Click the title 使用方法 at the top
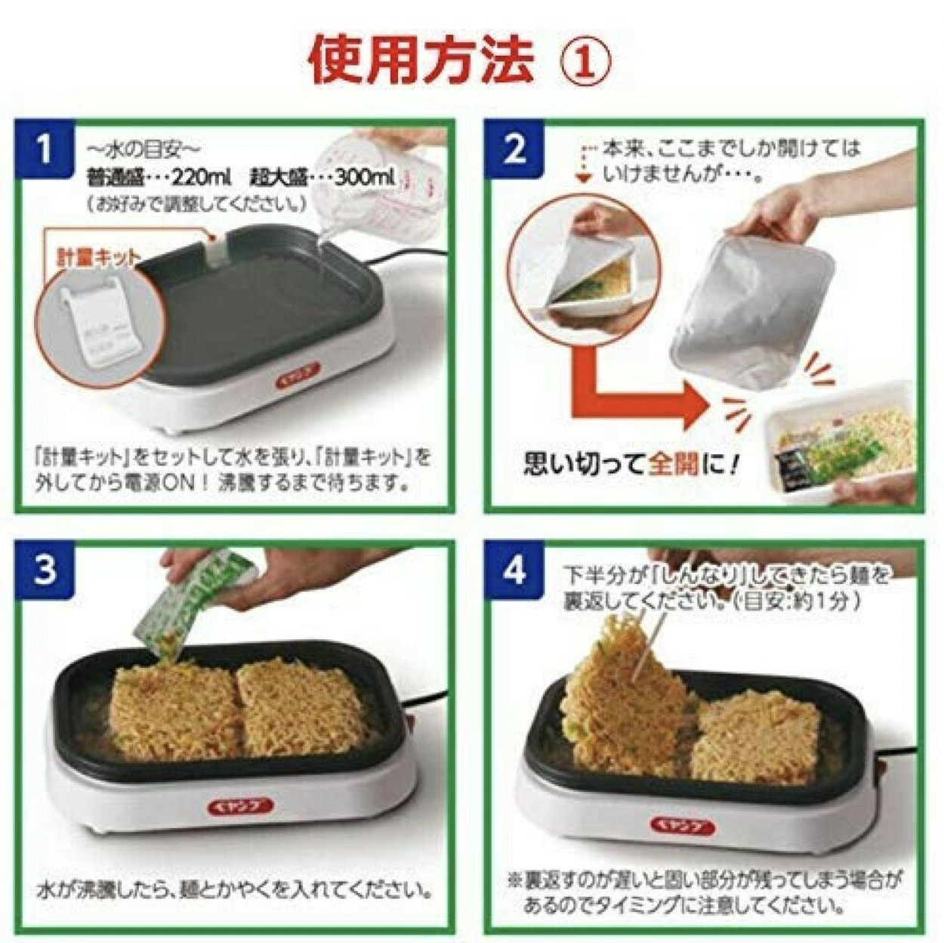point(421,60)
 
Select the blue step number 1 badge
point(45,147)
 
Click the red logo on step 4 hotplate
point(682,825)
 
